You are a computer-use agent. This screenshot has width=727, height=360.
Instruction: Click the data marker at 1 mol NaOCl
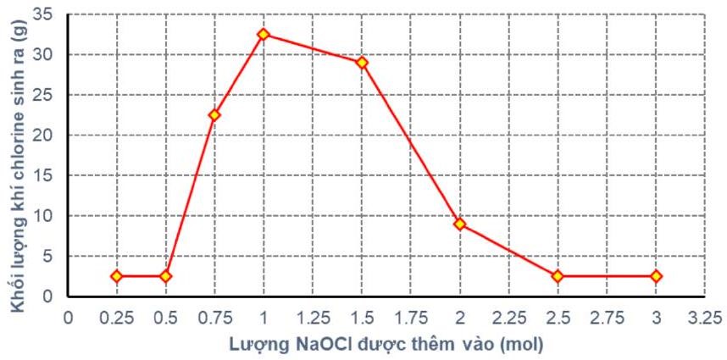[264, 35]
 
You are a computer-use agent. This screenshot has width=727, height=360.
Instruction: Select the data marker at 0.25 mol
[117, 276]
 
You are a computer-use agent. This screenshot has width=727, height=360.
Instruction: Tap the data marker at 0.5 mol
[166, 276]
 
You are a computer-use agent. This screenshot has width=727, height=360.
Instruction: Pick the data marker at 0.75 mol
[214, 114]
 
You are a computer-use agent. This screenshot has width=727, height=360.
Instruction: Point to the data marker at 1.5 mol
[362, 63]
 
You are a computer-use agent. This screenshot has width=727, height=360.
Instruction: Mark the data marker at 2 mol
[459, 224]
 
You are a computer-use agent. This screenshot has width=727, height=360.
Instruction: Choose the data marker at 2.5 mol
[558, 276]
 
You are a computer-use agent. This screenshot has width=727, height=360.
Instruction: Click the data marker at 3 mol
[656, 276]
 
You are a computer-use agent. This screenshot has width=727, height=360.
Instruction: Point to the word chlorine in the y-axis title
[17, 156]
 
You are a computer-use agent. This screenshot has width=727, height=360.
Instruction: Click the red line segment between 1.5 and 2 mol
[411, 143]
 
